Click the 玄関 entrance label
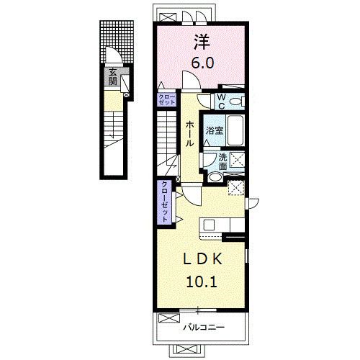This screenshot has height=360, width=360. [112, 76]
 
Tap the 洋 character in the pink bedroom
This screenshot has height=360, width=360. [202, 42]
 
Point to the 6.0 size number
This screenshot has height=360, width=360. [202, 63]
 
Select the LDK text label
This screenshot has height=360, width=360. [202, 259]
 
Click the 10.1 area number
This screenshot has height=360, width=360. [202, 282]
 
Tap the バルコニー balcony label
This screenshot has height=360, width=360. [204, 327]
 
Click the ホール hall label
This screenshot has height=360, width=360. [189, 133]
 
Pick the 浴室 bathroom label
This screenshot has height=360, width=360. [215, 131]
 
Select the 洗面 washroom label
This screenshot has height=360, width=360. [223, 161]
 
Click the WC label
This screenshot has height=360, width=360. [222, 102]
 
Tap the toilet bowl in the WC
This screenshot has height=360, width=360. [237, 102]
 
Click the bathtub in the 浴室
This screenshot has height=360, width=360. [235, 130]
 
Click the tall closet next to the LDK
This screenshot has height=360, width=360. [164, 202]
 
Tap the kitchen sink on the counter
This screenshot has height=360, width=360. [209, 225]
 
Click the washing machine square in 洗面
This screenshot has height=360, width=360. [236, 160]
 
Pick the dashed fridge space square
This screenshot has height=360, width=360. [236, 188]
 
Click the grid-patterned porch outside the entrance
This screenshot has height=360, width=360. [117, 42]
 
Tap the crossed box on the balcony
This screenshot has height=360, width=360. [168, 318]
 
